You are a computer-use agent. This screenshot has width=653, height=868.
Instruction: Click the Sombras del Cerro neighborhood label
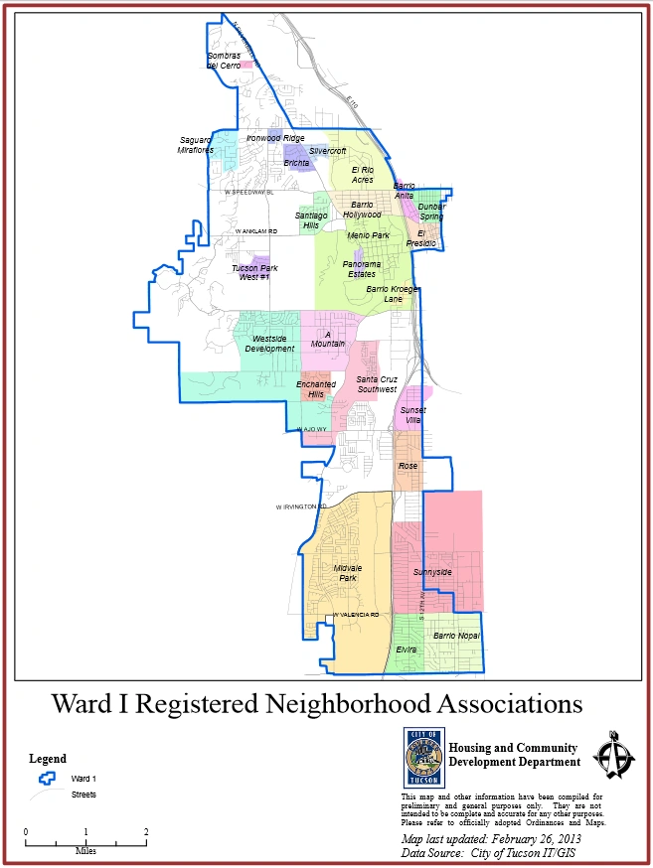[x=224, y=60]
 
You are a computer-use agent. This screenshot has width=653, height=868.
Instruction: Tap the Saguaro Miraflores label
[x=196, y=145]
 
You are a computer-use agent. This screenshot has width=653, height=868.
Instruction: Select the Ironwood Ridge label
[x=275, y=138]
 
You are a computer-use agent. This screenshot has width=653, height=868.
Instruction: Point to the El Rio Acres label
[x=362, y=175]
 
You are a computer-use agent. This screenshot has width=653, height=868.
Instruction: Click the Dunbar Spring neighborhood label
[x=430, y=211]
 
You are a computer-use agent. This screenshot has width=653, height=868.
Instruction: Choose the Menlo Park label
[x=368, y=235]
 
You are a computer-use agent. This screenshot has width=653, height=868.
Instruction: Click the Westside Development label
[x=269, y=344]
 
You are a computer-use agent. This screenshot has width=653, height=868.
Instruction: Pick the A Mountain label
[x=334, y=339]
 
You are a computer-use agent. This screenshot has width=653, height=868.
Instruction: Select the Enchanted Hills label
[x=316, y=389]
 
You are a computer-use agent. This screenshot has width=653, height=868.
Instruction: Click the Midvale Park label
[x=347, y=572]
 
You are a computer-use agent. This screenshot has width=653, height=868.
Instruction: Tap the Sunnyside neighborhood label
[x=432, y=572]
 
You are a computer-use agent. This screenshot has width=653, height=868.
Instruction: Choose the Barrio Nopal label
[x=456, y=635]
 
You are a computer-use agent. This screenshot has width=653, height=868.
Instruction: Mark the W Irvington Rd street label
[x=301, y=506]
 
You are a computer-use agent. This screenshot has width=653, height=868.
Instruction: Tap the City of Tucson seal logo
[x=421, y=758]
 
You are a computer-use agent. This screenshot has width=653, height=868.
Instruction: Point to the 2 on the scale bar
[x=146, y=831]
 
